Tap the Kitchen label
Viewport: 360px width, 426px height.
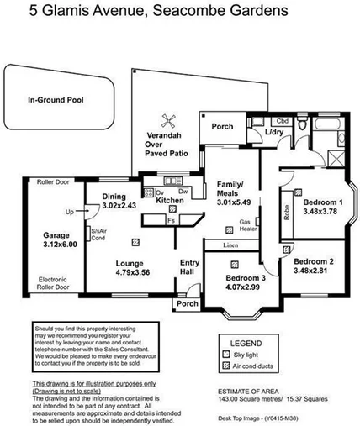coord(170,201)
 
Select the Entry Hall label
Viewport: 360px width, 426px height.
coord(190,268)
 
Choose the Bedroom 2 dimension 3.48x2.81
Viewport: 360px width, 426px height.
coord(313,271)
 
